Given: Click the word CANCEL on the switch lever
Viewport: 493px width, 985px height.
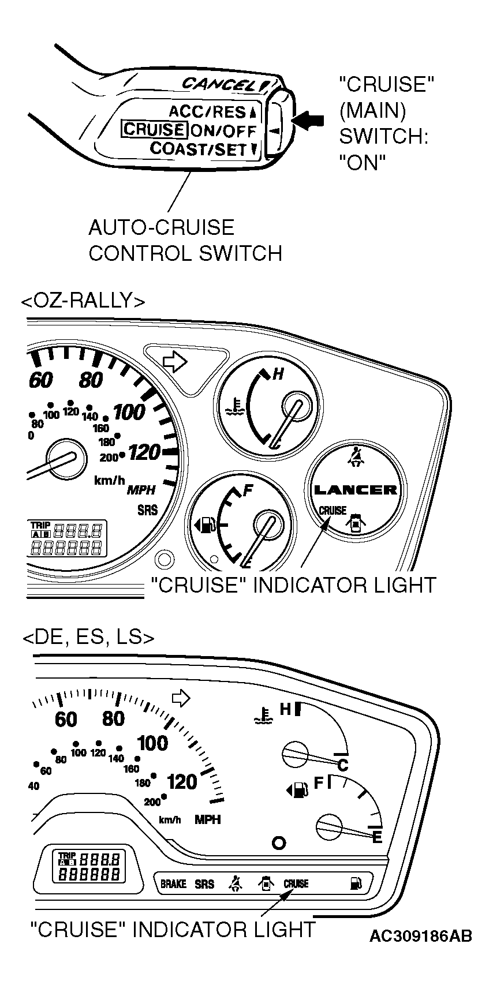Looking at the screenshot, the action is pyautogui.click(x=219, y=84).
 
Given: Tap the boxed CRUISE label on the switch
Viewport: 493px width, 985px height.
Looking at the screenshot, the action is pyautogui.click(x=154, y=129).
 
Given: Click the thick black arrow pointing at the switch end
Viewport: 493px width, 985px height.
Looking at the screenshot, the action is pyautogui.click(x=311, y=120).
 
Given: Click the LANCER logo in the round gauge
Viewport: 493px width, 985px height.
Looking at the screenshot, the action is pyautogui.click(x=355, y=489).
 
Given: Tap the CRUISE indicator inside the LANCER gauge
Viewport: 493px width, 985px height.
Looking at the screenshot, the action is pyautogui.click(x=332, y=511).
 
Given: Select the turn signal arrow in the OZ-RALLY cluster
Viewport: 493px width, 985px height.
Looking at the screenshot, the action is pyautogui.click(x=175, y=361).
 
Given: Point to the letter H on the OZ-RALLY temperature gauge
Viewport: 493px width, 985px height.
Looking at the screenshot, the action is pyautogui.click(x=278, y=374).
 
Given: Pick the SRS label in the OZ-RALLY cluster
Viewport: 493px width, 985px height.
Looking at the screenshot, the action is pyautogui.click(x=147, y=510).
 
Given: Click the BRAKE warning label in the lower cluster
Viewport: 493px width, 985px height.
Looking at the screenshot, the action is pyautogui.click(x=173, y=883).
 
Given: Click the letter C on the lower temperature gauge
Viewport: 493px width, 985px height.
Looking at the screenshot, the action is pyautogui.click(x=342, y=766).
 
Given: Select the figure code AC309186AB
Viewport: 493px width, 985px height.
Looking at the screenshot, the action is pyautogui.click(x=421, y=936).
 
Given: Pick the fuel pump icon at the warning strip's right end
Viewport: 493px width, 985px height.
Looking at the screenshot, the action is pyautogui.click(x=356, y=883).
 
